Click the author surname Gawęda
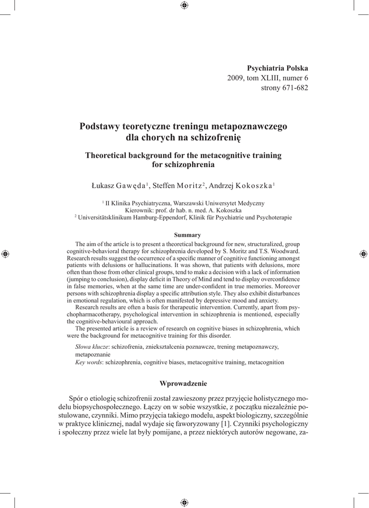point(131,186)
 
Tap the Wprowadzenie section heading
point(183,383)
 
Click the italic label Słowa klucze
point(92,346)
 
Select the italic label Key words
point(88,362)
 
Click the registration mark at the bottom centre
point(184,502)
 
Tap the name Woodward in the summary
point(285,252)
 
